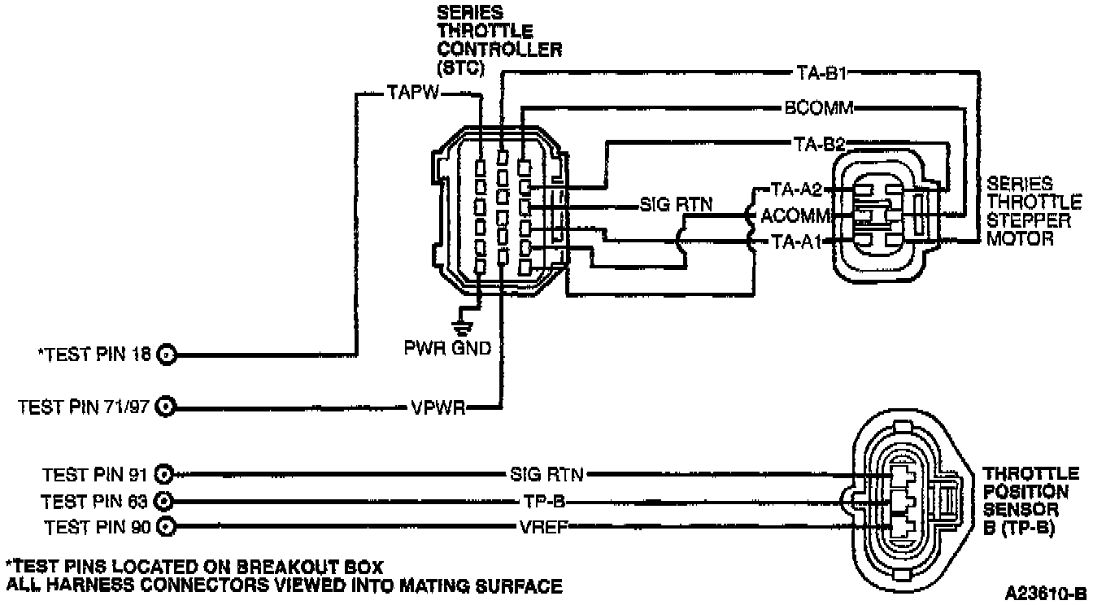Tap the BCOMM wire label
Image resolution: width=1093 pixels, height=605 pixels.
[818, 108]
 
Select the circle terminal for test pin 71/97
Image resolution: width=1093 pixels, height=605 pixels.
[166, 407]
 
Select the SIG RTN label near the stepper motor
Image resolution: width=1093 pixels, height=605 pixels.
[675, 204]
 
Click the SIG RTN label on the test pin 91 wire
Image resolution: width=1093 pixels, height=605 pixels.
[549, 473]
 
